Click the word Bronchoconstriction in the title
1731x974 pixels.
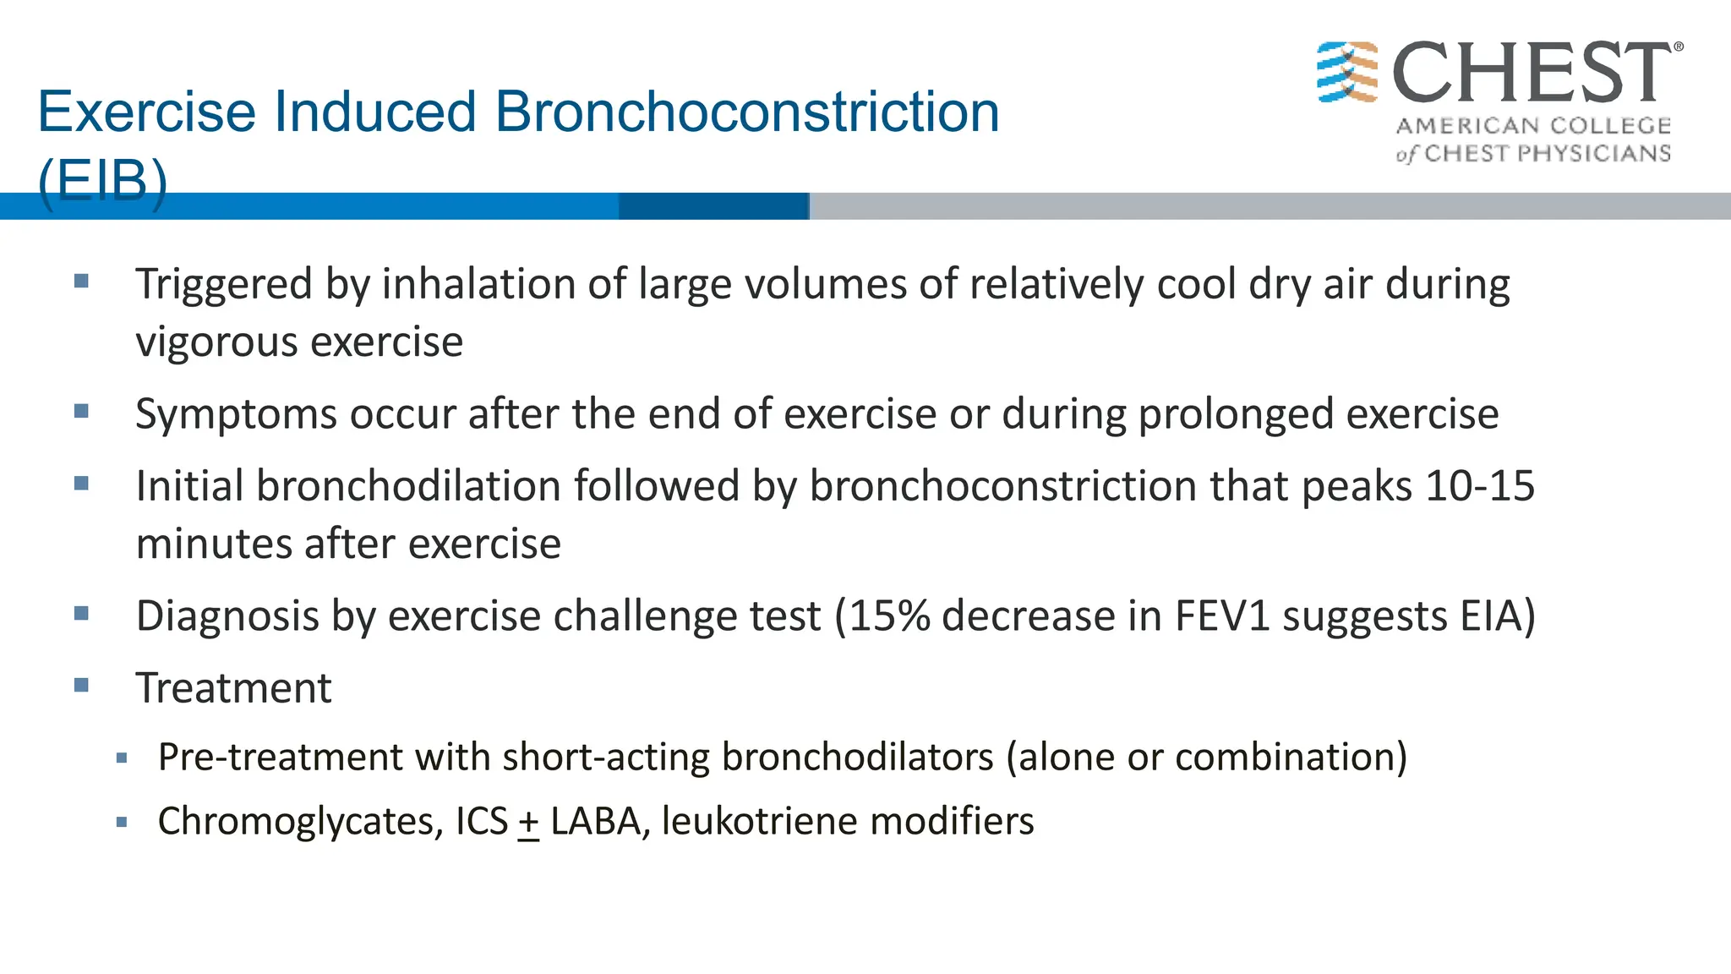pos(746,112)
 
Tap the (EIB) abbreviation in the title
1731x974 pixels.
pos(102,179)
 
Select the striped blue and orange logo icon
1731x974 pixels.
pos(1347,72)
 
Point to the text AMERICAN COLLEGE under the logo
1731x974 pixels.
pos(1533,126)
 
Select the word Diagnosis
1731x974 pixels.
pos(227,616)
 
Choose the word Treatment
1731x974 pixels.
pos(233,687)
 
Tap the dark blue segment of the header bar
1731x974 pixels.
pos(713,206)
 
